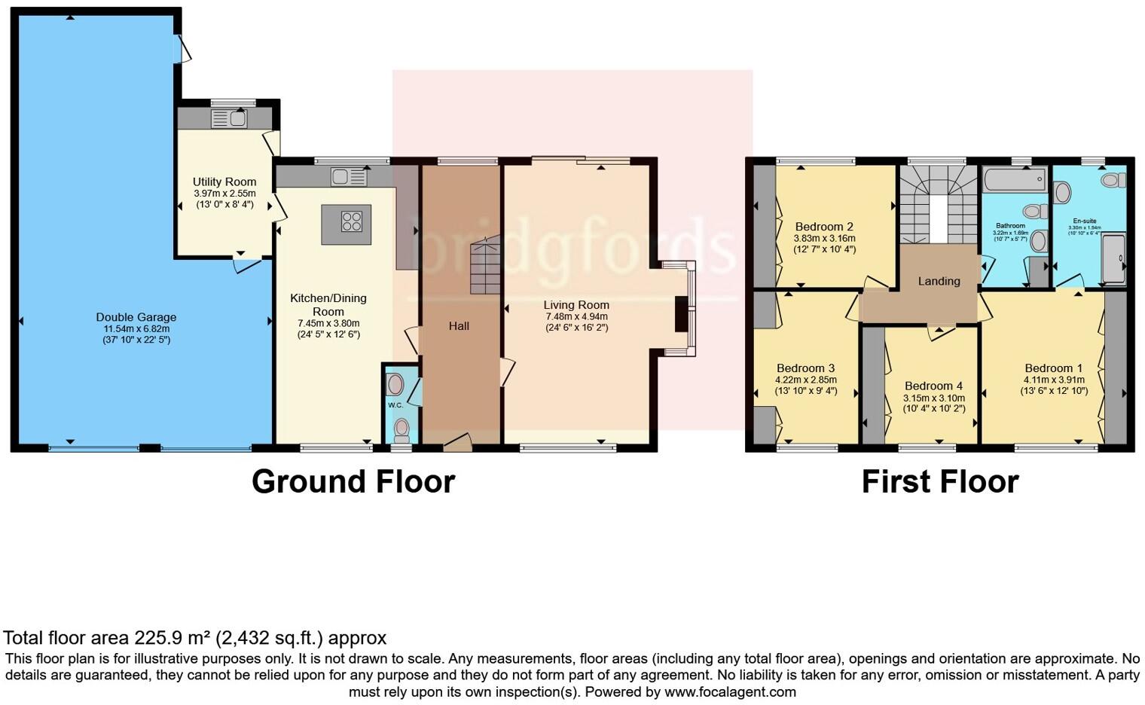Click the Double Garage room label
[136, 317]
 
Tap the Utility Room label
[224, 182]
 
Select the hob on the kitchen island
[352, 221]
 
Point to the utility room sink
[229, 118]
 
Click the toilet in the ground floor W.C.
[402, 430]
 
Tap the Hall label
[459, 326]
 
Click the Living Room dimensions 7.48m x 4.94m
[576, 316]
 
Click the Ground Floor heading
[353, 481]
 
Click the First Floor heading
[940, 481]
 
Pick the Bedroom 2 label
[824, 227]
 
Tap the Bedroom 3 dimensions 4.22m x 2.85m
[806, 380]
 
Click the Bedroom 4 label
[933, 386]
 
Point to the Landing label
[939, 281]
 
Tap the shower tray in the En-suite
[1113, 258]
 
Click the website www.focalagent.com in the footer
[730, 691]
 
